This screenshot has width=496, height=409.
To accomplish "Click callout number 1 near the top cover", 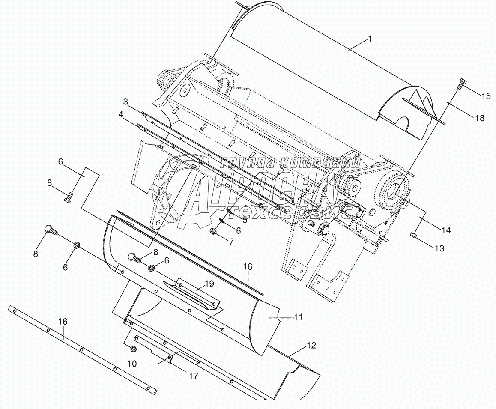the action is coord(370,39).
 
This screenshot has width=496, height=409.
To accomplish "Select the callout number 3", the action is coord(125,102).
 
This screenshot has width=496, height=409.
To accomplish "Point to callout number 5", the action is coord(245,220).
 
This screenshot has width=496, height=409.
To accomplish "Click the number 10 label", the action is coord(132,364).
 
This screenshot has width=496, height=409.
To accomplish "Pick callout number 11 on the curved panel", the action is coord(299,317).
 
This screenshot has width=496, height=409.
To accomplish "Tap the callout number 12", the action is coord(311,346).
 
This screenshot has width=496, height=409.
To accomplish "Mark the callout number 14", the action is coord(446,230).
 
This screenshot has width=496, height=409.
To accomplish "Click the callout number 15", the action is coord(486,96).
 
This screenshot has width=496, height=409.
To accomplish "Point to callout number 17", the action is coord(193,376).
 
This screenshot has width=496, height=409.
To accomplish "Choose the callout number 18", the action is coord(480,118).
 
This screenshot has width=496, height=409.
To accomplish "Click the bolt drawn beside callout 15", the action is coord(461,84).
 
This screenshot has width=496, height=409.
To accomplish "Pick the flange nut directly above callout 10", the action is coord(133,350).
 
